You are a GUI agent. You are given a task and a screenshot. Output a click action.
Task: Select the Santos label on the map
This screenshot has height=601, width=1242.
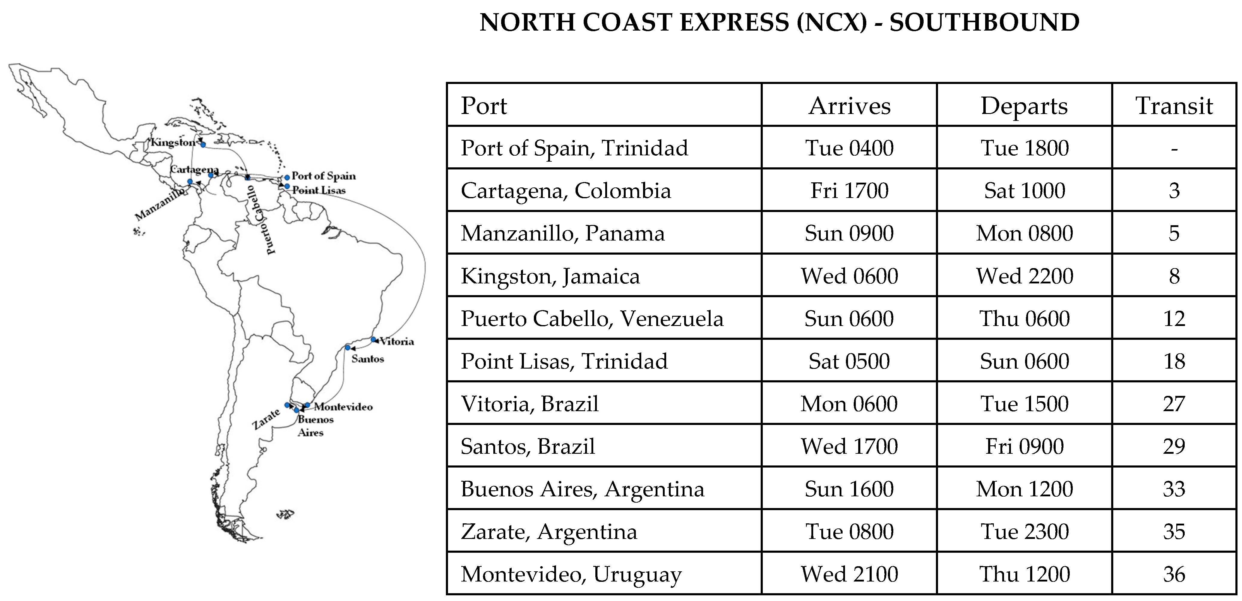click(x=367, y=359)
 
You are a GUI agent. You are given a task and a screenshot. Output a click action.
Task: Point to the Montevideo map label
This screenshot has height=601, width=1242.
click(x=343, y=407)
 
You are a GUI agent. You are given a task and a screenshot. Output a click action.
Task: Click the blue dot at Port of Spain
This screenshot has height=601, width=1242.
click(x=287, y=177)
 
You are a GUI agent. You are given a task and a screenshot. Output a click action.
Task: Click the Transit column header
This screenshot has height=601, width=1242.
click(x=1174, y=106)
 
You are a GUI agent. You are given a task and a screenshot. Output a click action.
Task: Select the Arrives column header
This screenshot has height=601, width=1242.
click(x=849, y=106)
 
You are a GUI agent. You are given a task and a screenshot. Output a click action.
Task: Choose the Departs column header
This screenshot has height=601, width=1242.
click(x=1024, y=106)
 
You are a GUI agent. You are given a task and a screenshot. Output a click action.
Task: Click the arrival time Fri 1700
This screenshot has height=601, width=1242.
click(x=849, y=190)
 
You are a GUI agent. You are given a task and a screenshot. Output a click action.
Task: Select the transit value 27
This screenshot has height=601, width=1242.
click(x=1174, y=404)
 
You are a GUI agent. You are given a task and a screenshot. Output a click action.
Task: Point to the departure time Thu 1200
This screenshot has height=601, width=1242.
click(x=1024, y=574)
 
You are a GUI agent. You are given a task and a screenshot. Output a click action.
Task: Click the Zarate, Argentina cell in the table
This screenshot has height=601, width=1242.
click(x=549, y=532)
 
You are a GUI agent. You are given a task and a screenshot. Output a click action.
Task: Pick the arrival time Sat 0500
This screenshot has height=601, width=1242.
click(x=849, y=361)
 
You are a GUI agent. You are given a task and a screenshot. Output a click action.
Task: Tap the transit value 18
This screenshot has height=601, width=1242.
click(x=1174, y=361)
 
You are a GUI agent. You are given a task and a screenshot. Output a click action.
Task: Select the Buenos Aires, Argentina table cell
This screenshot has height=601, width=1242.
click(x=582, y=489)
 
